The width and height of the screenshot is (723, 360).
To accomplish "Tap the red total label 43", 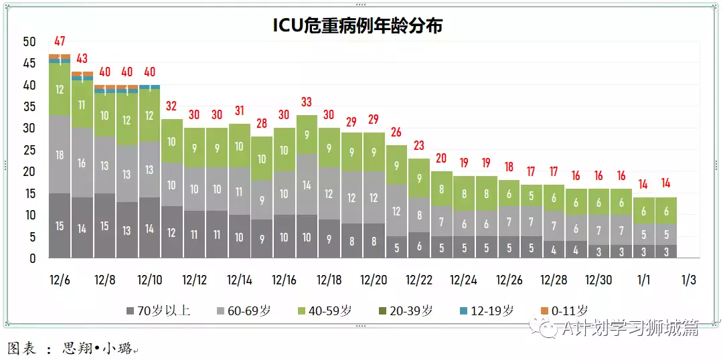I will [x=82, y=59].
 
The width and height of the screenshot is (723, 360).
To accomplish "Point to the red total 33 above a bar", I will [x=307, y=102].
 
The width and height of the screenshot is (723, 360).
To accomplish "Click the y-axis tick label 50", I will [x=29, y=42].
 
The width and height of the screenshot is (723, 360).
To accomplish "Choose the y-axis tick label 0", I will [x=32, y=258].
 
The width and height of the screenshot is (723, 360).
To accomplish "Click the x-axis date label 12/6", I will [x=60, y=280].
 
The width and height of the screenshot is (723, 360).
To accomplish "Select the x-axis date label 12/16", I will [x=284, y=280].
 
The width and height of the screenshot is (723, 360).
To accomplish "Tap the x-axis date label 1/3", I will [x=688, y=280].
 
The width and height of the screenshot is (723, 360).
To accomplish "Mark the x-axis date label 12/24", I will [x=463, y=280].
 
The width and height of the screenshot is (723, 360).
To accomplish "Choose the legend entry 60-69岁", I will [x=248, y=311].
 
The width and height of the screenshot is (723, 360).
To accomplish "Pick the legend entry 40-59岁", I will [x=329, y=311].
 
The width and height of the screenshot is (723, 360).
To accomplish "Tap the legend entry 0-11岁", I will [x=569, y=311].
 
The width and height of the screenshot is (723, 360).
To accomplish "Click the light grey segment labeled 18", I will [x=60, y=155].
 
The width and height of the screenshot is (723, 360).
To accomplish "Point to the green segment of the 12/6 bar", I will [x=60, y=90].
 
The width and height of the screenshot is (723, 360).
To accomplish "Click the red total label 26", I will [x=396, y=132].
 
